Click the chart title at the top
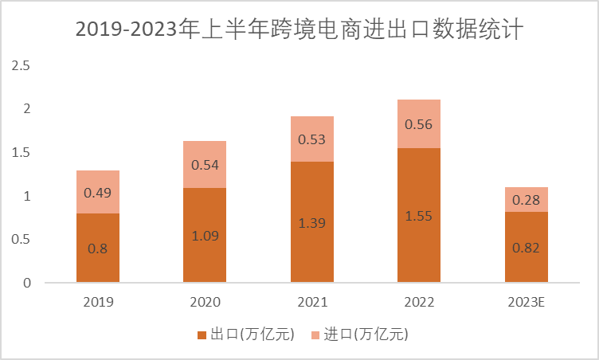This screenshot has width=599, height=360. point(299,30)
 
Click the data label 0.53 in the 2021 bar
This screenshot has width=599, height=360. point(312,139)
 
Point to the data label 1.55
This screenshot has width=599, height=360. point(419,216)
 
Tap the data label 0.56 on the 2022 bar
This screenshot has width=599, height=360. point(419,124)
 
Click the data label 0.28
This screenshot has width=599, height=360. point(527,199)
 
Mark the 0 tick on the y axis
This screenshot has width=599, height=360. point(25,283)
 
